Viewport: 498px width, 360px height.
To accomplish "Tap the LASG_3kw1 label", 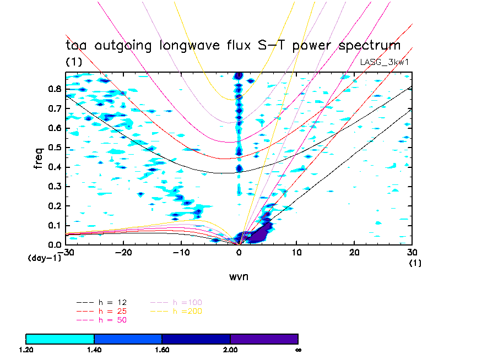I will pyautogui.click(x=385, y=62).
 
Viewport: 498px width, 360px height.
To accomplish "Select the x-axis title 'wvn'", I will pyautogui.click(x=239, y=276).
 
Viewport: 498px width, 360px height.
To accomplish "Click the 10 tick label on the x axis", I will pyautogui.click(x=296, y=252).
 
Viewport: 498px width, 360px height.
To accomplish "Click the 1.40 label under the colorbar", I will pyautogui.click(x=94, y=350).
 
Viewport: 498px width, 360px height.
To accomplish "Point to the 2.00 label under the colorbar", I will pyautogui.click(x=230, y=350).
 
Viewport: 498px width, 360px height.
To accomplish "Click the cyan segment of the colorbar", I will pyautogui.click(x=60, y=339).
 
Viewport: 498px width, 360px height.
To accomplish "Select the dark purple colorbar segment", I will pyautogui.click(x=264, y=339).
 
